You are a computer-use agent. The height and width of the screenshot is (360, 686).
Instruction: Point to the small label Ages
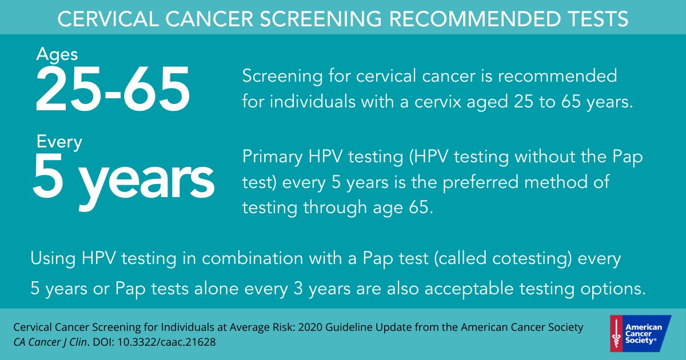coord(57,55)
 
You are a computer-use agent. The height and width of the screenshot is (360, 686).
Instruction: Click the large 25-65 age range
coord(113,89)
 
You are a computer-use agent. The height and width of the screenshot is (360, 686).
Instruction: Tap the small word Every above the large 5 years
coord(59,142)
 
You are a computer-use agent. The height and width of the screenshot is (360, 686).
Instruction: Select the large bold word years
coord(146,182)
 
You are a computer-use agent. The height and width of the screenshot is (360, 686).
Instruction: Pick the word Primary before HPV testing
coord(272,157)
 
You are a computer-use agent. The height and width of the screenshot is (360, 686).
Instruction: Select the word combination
coord(252,258)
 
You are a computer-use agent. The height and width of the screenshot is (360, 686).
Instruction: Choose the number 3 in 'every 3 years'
coord(298,289)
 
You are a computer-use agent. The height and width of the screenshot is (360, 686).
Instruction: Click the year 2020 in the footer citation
coord(310,327)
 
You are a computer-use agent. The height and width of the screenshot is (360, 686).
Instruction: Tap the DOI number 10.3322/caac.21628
coord(166,342)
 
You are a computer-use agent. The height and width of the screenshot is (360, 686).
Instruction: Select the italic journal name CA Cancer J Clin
coord(50,342)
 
